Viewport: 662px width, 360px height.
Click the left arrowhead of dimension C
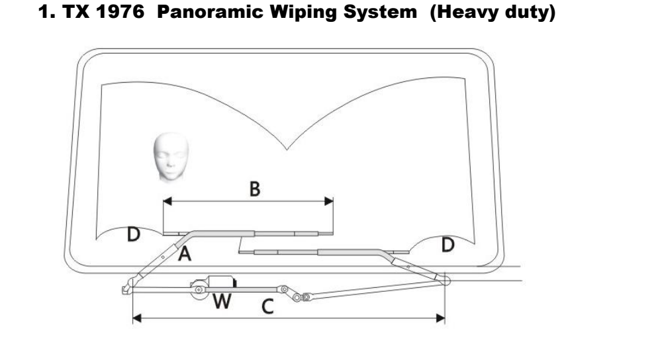coord(136,319)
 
